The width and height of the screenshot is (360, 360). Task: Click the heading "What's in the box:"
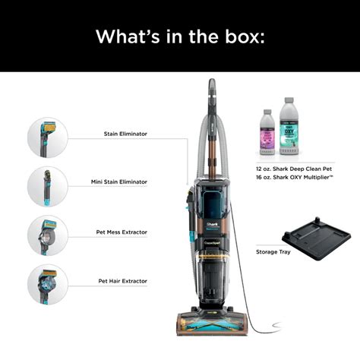tap(180, 36)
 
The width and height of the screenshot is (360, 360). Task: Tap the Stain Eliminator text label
tap(125, 134)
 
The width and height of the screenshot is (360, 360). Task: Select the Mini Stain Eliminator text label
tap(119, 182)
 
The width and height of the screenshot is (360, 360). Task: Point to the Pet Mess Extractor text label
tap(122, 231)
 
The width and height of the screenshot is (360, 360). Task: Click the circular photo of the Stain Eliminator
tap(48, 137)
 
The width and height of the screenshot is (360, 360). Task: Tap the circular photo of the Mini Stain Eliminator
tap(48, 186)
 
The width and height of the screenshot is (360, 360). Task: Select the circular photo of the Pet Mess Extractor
tap(48, 235)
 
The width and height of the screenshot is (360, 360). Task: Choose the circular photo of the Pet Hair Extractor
tap(48, 283)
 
